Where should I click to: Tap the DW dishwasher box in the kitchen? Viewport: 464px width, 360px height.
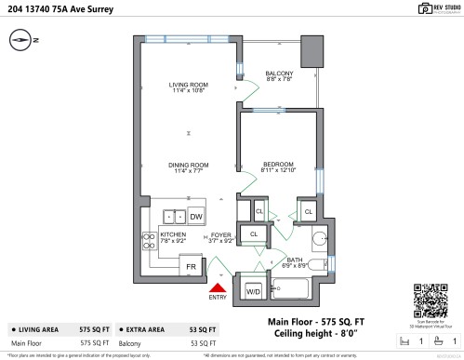coord(196,217)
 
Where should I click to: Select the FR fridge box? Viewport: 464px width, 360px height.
coord(191,266)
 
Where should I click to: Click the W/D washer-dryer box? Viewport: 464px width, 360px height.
coord(252,291)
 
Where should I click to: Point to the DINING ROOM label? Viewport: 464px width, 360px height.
coord(188,167)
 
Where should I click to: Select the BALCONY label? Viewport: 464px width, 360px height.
coord(279,76)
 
